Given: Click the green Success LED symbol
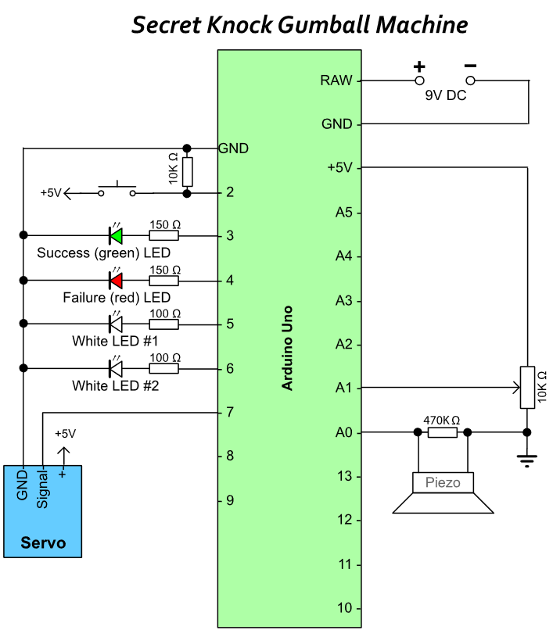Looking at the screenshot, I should coord(116,235).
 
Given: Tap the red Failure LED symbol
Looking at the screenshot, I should coord(116,279).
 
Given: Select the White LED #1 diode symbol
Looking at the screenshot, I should coord(116,323).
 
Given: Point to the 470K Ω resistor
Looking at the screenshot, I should coord(443,432).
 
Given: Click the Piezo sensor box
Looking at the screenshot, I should coord(443,483).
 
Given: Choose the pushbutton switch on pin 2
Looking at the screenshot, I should coord(117,190).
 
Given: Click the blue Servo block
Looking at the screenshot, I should coord(43,511).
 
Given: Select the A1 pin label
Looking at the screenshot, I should coord(343,388).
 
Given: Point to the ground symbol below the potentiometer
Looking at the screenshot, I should coord(527,460).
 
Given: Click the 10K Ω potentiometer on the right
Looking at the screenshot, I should coord(527,387).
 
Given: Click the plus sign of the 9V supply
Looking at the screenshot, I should coord(419,66).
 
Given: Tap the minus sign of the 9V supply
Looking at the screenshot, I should coord(470,66).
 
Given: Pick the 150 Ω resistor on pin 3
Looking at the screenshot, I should coord(164,235).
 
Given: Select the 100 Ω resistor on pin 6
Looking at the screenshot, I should coord(164,367).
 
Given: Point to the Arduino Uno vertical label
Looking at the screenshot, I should coord(287,344).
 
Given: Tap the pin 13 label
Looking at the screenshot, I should coord(343,476).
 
